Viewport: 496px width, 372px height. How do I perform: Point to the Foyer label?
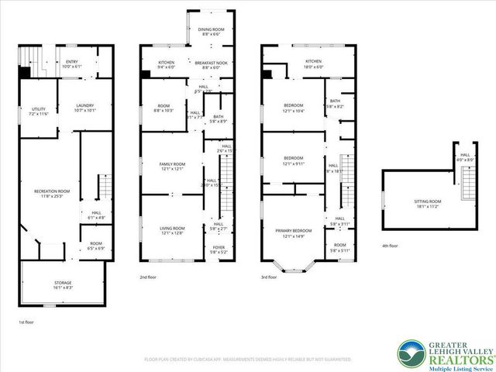pos(219,250)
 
